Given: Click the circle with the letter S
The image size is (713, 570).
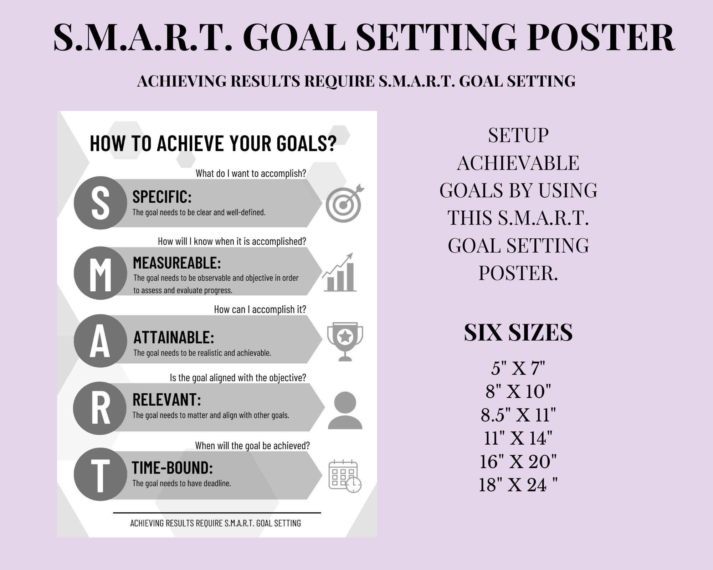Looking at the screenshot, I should coord(100,203).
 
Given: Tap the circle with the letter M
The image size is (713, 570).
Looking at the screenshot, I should coord(100,273).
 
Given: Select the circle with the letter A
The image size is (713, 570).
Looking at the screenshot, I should coord(100,341).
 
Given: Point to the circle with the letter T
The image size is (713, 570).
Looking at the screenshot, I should coord(100,475).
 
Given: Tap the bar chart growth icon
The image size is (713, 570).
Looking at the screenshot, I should coord(339,273).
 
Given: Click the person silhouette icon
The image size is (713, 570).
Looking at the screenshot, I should coord(345,410).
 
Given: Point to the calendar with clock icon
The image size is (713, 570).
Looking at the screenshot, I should coord(344,476).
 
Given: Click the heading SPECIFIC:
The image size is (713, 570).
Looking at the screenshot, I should coord(162,197).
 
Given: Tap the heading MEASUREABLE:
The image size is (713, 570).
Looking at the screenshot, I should coord(177,263).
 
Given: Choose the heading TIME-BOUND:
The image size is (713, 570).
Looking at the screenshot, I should coord(173,468).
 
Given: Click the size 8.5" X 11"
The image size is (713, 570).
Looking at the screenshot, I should coord(518,415).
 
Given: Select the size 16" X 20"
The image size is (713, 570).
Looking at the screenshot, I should coord(518,462).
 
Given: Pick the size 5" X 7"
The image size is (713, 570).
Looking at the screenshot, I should coord(518,368).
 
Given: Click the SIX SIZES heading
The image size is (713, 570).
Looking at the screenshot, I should coord(518,332).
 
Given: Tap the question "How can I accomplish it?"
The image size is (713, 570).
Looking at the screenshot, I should coord(260,310).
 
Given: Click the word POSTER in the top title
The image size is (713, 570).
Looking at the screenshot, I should coord(600,38).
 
